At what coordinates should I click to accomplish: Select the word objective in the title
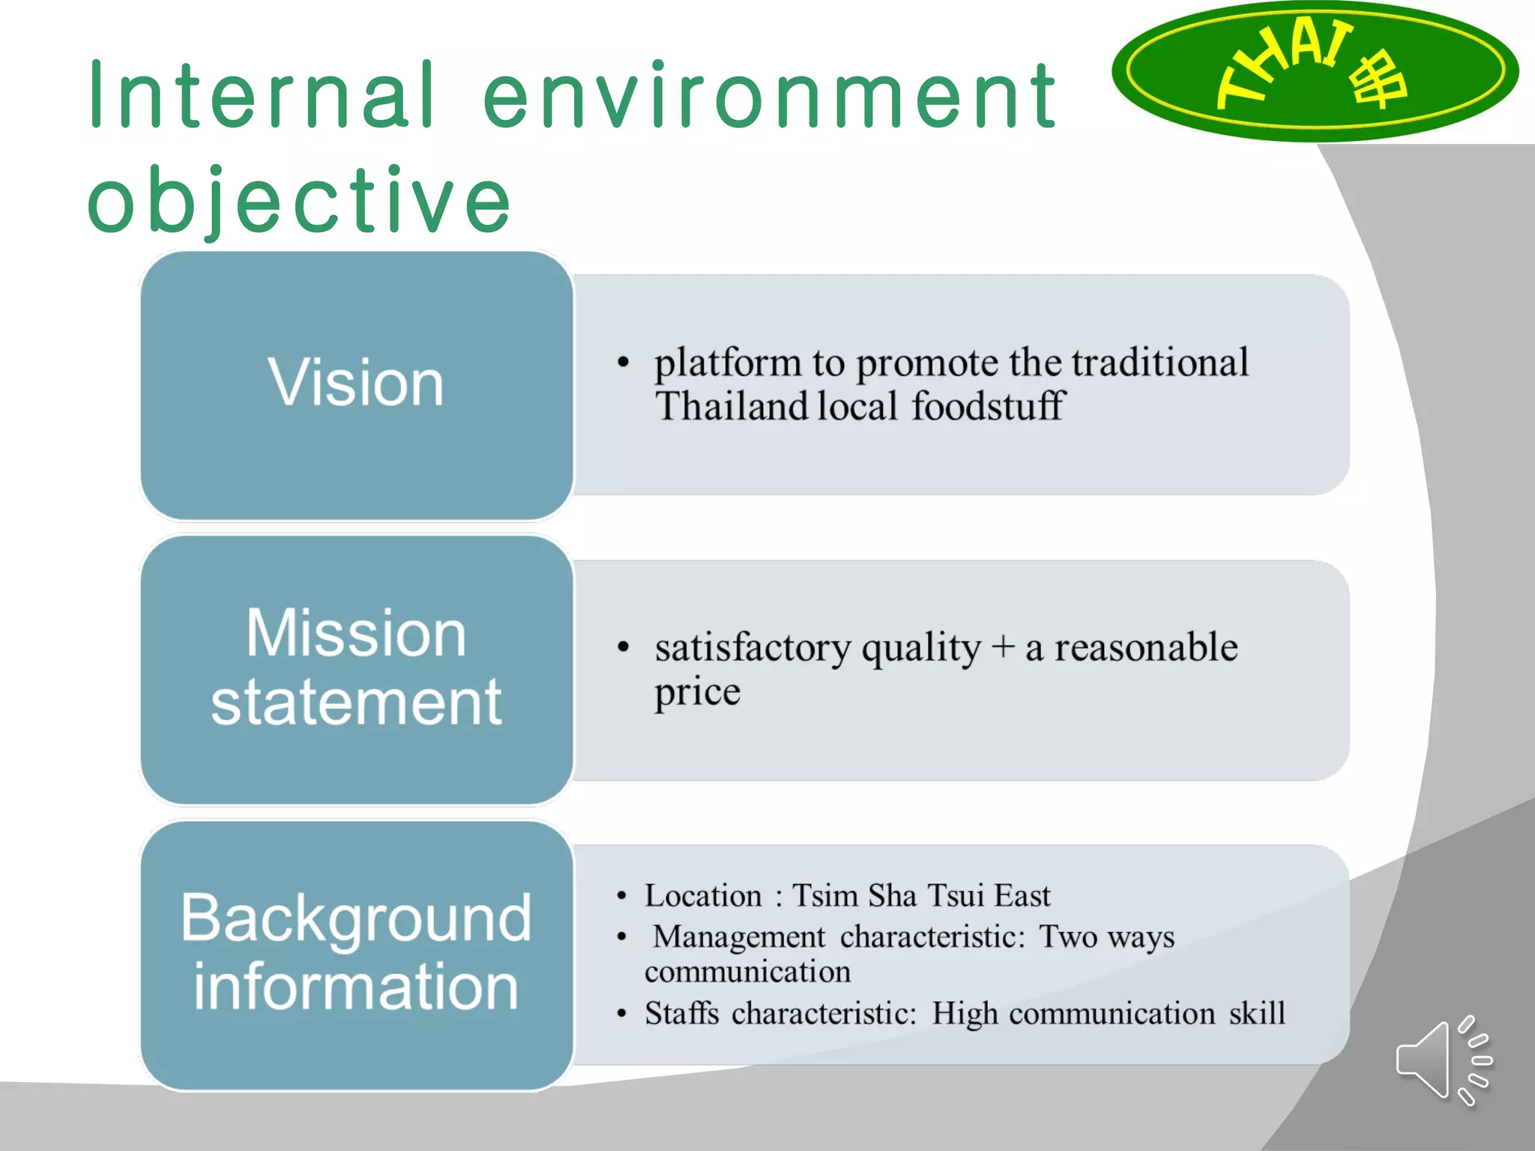(300, 201)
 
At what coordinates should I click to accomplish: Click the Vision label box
(357, 384)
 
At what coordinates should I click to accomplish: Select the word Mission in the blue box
(357, 634)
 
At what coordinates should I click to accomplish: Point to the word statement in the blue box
(357, 703)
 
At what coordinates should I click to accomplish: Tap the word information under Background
(357, 988)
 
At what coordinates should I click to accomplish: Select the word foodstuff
(988, 407)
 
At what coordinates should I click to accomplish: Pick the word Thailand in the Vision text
(731, 407)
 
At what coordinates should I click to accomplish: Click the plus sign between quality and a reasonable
(1002, 647)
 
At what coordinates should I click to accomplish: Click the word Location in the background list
(703, 896)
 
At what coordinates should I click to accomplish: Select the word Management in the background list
(738, 937)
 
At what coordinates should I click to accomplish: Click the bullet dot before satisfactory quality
(623, 647)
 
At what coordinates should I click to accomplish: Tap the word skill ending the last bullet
(1257, 1014)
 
